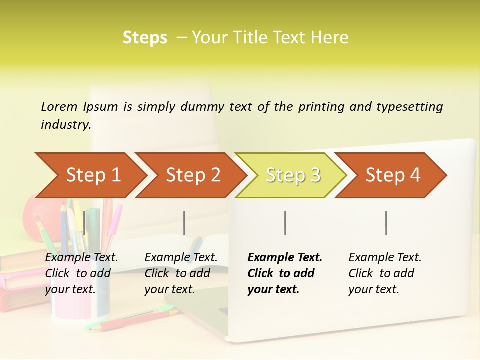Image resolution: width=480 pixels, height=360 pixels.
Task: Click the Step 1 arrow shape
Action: click(x=90, y=175)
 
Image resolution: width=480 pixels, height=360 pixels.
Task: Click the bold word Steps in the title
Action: click(x=145, y=38)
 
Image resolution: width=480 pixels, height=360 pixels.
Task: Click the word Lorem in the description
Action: click(x=59, y=106)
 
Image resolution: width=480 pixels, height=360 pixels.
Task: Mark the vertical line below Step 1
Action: click(x=84, y=223)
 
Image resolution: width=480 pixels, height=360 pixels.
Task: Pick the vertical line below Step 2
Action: click(x=184, y=223)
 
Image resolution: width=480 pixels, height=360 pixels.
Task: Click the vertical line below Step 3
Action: click(x=285, y=223)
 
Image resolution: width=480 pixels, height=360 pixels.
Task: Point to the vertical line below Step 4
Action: click(x=386, y=223)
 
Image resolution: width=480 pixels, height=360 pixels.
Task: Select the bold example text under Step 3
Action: click(x=284, y=273)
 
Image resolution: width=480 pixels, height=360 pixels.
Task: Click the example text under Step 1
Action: click(x=81, y=273)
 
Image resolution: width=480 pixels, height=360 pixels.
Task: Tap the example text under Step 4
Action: click(x=385, y=273)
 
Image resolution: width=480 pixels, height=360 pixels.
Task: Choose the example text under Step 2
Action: click(x=181, y=273)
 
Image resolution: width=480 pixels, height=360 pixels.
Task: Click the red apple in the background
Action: click(x=33, y=210)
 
